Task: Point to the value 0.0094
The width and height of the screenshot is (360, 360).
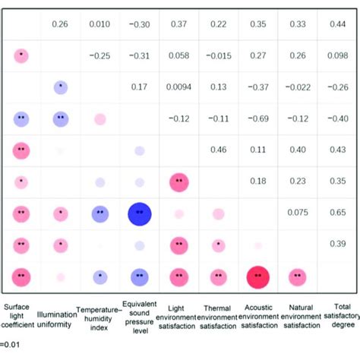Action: [179, 87]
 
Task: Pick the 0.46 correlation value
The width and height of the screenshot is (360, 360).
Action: [219, 151]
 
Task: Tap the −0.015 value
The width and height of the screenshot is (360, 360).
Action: [219, 55]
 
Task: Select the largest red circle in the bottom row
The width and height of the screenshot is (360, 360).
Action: [258, 277]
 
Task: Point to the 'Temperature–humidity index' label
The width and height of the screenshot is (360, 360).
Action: [99, 319]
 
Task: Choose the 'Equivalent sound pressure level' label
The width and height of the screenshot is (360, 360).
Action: [139, 319]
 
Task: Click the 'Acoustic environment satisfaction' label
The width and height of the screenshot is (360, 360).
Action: [258, 319]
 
